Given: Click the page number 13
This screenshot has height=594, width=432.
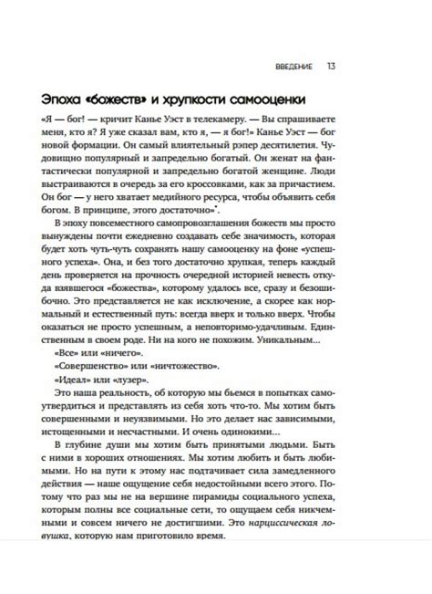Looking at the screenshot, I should (331, 66).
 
